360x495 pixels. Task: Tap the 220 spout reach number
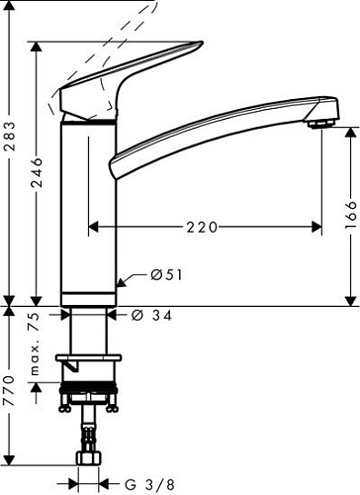coord(202,227)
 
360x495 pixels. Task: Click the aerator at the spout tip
coord(318,121)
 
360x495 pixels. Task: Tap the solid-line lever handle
coord(129,79)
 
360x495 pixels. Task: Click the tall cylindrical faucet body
coord(90,208)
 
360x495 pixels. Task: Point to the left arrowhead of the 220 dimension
coord(94,227)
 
